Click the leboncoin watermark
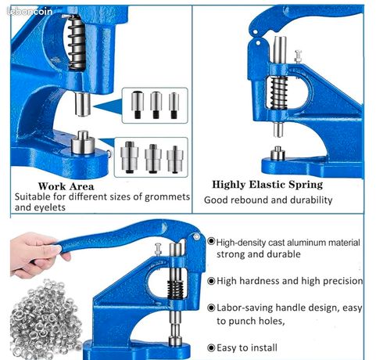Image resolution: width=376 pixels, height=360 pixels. click(x=30, y=12)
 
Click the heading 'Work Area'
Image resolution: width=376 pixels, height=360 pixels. click(x=66, y=186)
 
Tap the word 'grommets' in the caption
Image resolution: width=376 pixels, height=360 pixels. click(x=167, y=196)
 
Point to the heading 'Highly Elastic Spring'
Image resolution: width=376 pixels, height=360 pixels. click(x=267, y=185)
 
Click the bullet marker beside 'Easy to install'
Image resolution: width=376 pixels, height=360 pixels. click(x=211, y=347)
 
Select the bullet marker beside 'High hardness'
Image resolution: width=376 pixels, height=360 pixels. click(x=211, y=281)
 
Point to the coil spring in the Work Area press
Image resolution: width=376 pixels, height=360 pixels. click(x=77, y=42)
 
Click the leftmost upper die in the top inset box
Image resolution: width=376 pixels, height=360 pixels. click(x=138, y=104)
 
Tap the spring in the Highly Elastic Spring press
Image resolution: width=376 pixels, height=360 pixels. click(x=279, y=92)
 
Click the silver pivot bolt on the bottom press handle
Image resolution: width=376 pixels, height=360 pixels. click(x=196, y=236)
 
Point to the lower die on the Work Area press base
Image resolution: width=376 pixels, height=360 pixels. click(x=83, y=142)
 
